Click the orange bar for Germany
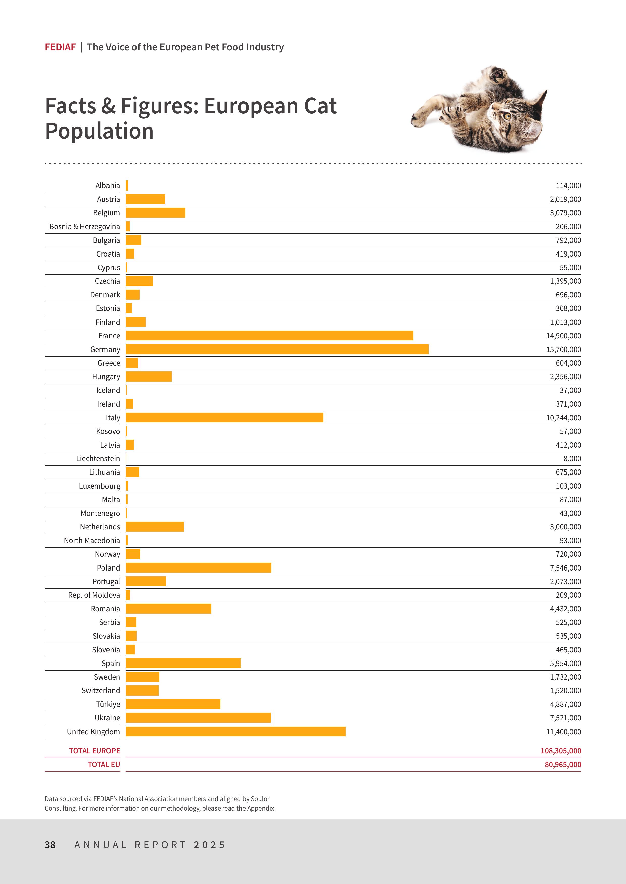277,349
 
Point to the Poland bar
199,567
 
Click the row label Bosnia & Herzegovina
85,226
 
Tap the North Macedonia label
92,540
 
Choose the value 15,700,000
563,349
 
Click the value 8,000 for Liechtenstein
572,458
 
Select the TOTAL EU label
104,764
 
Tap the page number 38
50,845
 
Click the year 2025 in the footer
209,845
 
